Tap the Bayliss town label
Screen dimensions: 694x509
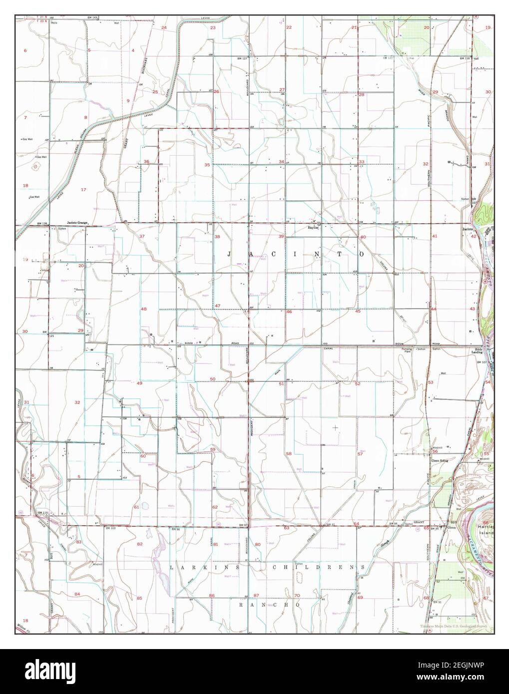pyautogui.click(x=313, y=226)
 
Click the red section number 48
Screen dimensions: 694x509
pyautogui.click(x=144, y=310)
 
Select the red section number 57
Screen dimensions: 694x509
pyautogui.click(x=360, y=454)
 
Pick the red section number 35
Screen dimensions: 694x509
pyautogui.click(x=207, y=165)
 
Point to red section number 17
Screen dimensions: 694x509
pyautogui.click(x=83, y=190)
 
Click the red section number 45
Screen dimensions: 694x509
pyautogui.click(x=358, y=312)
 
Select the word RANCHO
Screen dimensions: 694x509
pyautogui.click(x=268, y=605)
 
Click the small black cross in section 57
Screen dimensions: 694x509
pyautogui.click(x=335, y=427)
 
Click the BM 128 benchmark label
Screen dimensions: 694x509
pyautogui.click(x=41, y=224)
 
